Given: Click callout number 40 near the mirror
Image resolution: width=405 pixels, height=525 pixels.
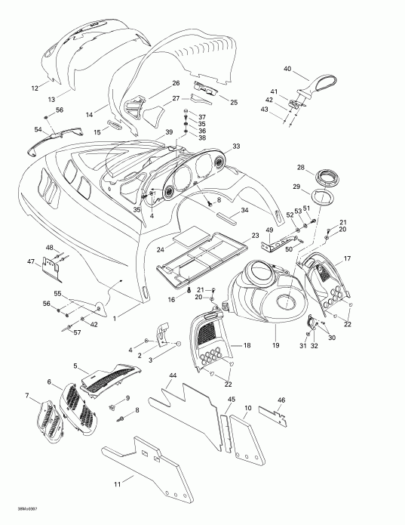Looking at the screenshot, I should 287,69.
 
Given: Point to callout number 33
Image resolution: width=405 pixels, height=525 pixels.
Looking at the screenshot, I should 236,146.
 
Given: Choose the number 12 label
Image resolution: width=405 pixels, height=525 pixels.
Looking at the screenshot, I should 34,88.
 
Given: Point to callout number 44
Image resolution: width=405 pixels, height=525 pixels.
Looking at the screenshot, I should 173,375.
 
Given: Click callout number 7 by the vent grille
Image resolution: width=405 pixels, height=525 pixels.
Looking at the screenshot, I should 28,396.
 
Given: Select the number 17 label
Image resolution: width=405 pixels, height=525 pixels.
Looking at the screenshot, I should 348,258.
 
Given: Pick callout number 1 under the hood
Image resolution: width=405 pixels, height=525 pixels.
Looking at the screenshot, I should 115,319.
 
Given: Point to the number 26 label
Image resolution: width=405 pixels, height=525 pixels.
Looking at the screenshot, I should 175,82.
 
